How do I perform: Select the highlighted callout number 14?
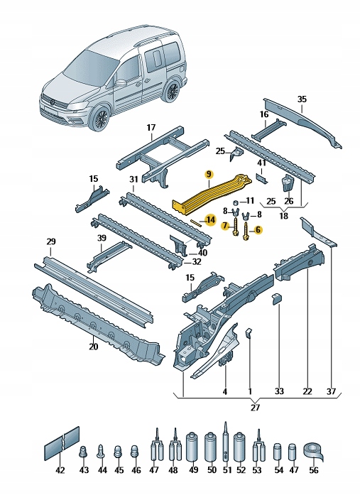click(x=209, y=219)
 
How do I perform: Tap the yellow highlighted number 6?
click(x=258, y=230)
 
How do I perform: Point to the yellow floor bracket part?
click(x=213, y=191)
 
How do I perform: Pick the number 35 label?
click(x=300, y=99)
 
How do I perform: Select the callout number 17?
click(x=151, y=128)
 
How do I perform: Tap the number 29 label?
click(x=50, y=242)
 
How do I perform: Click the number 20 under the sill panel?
click(x=93, y=347)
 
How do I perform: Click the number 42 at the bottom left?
click(x=60, y=470)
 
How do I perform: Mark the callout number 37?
click(x=330, y=391)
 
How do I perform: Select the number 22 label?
click(x=307, y=391)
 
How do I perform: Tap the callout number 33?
click(x=279, y=391)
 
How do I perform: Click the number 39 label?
click(x=102, y=237)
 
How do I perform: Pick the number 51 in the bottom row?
click(x=228, y=470)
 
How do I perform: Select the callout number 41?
click(x=262, y=163)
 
